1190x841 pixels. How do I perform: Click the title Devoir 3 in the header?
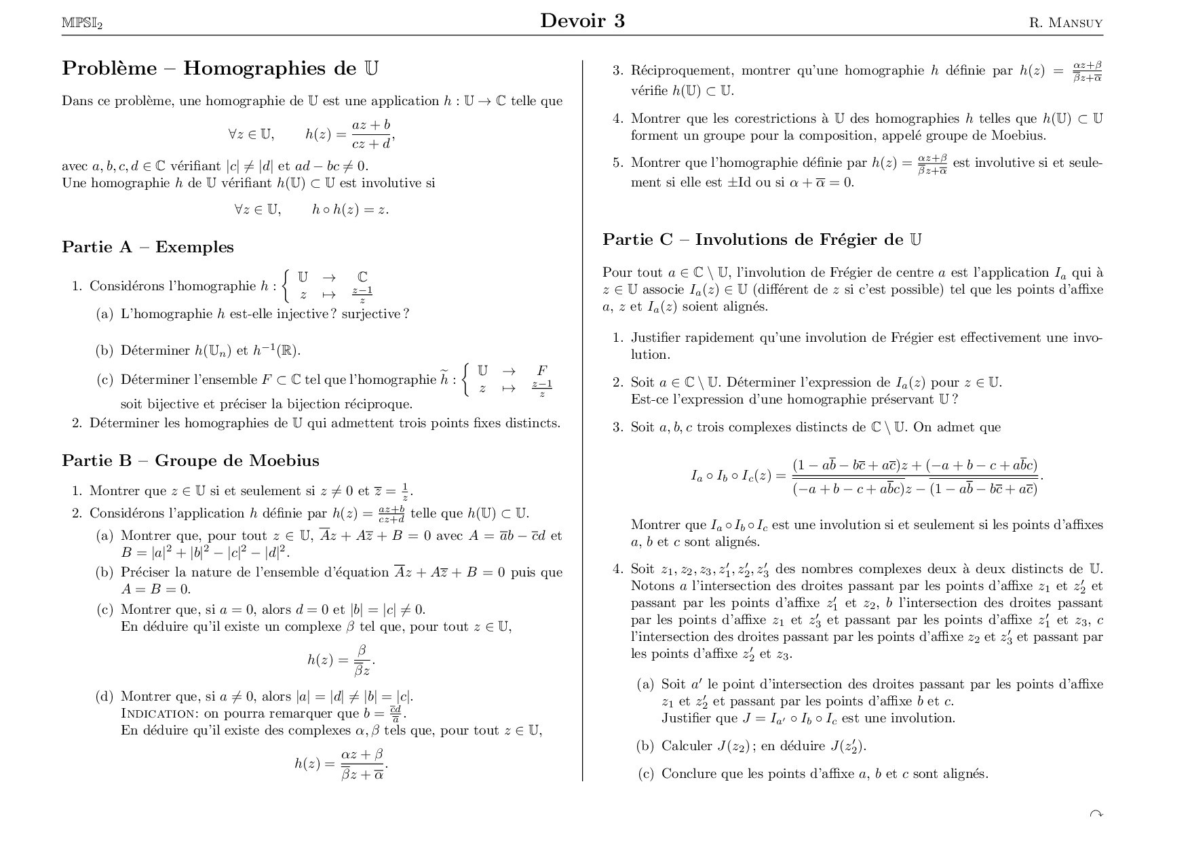pos(582,21)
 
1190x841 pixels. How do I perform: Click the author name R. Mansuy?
pos(1065,23)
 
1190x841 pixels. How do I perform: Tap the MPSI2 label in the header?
pos(81,24)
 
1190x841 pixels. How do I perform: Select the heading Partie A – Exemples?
pos(148,247)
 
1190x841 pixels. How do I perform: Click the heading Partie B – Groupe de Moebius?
pos(191,461)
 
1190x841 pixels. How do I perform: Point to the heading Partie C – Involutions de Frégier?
pos(762,239)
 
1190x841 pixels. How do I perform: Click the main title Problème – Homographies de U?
pos(220,69)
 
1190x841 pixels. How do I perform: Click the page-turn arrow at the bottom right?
pos(1095,813)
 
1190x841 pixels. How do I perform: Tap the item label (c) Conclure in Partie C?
pos(645,774)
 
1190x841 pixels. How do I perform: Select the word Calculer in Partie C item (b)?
pos(687,746)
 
